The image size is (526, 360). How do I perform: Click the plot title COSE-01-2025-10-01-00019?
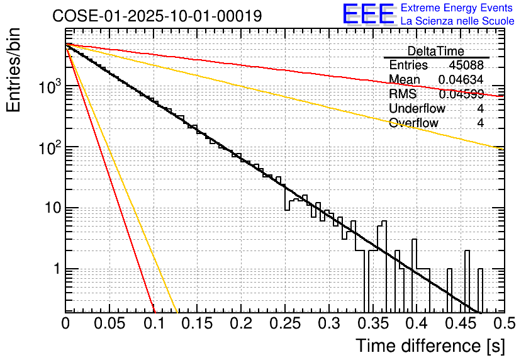tap(157, 16)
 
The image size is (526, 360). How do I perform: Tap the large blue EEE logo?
tap(367, 14)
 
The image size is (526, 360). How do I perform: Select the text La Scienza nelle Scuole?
tap(457, 21)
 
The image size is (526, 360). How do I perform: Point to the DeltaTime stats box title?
tap(435, 51)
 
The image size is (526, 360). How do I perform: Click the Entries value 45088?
tap(466, 65)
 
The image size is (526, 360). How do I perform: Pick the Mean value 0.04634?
tap(461, 80)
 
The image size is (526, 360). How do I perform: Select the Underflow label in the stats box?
tap(417, 109)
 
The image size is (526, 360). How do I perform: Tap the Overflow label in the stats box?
tap(413, 123)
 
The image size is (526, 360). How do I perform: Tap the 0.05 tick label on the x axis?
tap(109, 324)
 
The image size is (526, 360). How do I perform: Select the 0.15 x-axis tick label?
tap(197, 324)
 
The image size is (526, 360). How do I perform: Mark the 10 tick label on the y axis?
tap(49, 208)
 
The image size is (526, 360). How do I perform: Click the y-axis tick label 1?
tap(54, 269)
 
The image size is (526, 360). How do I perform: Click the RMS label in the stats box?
tap(403, 94)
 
